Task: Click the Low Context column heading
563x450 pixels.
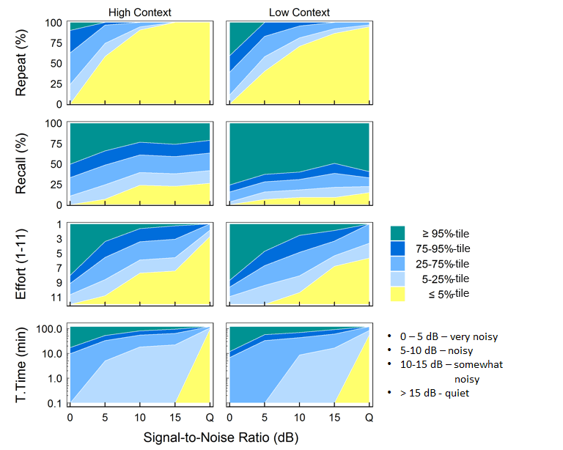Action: click(299, 12)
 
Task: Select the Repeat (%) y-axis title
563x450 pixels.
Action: click(23, 63)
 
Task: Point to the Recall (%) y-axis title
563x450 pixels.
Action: click(23, 163)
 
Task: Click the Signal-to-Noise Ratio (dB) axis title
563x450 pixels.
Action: click(221, 438)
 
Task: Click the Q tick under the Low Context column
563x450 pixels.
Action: click(369, 418)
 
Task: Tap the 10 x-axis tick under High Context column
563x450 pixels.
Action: click(139, 418)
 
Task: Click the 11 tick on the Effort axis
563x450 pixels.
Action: click(56, 298)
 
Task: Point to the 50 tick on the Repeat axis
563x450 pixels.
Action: click(56, 64)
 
